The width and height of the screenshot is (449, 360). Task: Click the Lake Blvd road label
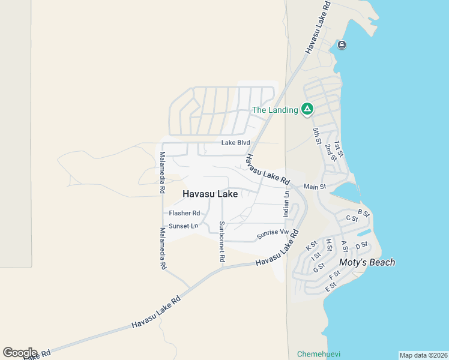click(x=235, y=143)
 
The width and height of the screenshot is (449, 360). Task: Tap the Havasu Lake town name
click(x=210, y=194)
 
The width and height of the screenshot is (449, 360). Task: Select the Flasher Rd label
click(x=184, y=213)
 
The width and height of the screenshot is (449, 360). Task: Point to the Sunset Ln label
click(x=183, y=226)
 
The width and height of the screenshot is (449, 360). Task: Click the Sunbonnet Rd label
click(x=221, y=241)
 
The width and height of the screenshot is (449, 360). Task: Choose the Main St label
click(x=315, y=187)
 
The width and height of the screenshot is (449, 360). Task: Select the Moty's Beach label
click(x=367, y=262)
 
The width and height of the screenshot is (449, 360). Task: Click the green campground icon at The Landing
click(x=307, y=109)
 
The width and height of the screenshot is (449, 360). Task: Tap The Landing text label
click(x=275, y=110)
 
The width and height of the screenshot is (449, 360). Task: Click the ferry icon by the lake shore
click(x=342, y=45)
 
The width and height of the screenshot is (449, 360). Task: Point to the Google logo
click(x=20, y=353)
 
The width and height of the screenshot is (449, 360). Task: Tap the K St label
click(x=312, y=246)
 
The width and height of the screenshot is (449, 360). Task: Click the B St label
click(x=363, y=213)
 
